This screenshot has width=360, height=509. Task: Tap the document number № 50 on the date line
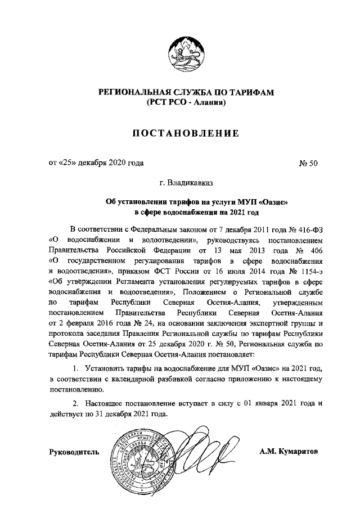(309, 164)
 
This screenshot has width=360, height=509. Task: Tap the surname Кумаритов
(300, 452)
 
